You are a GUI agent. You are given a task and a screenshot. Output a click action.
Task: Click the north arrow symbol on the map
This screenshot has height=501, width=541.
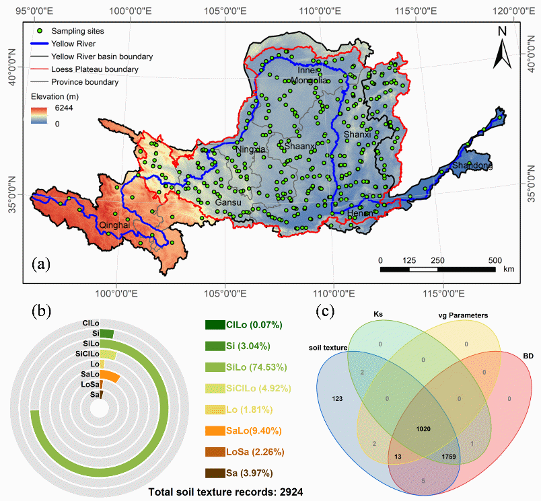click(502, 50)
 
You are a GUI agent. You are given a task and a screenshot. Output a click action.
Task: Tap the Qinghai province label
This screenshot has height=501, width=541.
click(114, 225)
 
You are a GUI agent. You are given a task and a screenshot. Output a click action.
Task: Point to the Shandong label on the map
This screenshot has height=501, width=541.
click(472, 166)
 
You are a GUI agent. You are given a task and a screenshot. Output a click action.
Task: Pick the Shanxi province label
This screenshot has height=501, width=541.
click(357, 135)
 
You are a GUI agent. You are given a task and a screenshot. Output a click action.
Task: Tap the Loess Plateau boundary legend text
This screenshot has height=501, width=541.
click(95, 69)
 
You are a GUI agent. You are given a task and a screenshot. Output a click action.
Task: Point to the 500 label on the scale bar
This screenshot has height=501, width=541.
click(495, 260)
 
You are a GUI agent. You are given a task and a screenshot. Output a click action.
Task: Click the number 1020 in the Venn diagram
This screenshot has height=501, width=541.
click(423, 428)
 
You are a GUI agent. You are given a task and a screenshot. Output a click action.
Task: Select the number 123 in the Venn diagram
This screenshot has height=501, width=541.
click(338, 399)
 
